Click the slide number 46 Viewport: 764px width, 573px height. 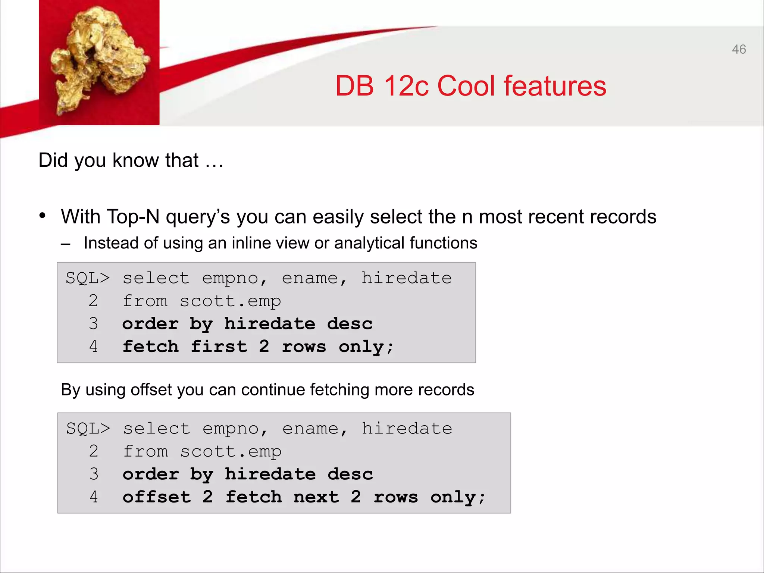[739, 49]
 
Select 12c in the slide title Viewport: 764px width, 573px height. [406, 86]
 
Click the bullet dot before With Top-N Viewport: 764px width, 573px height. [43, 216]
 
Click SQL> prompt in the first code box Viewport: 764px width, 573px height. [88, 278]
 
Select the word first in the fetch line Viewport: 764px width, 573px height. [219, 347]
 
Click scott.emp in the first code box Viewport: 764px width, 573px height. [230, 301]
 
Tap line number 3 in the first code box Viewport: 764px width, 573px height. [93, 324]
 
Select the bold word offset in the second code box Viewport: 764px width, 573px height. [157, 497]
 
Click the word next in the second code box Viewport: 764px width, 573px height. [316, 497]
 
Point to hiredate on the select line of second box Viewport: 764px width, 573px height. [407, 429]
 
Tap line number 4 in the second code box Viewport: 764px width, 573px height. [94, 497]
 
